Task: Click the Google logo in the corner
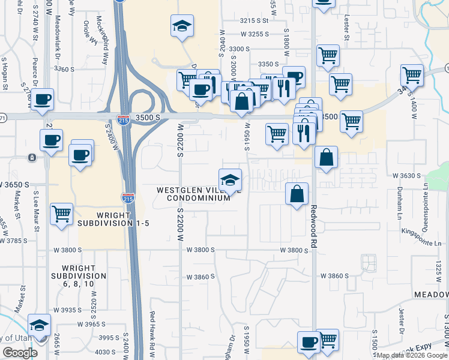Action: click(x=20, y=353)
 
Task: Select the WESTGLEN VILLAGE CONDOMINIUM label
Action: click(x=193, y=194)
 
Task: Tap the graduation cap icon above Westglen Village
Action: click(x=229, y=180)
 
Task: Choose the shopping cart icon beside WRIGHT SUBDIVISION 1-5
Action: click(x=61, y=214)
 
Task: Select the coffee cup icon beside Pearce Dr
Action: click(x=42, y=100)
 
